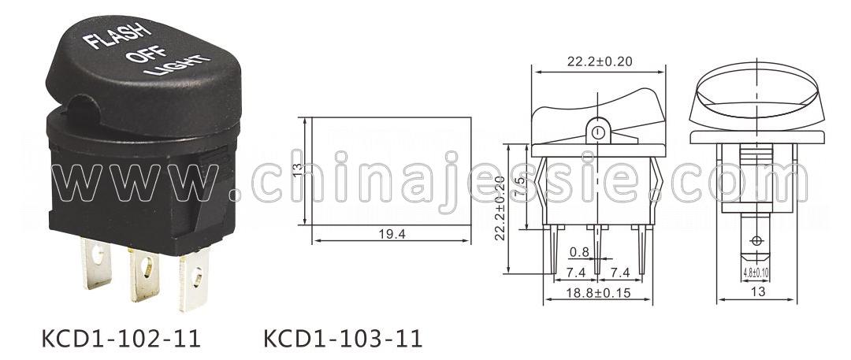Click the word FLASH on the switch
tap(116, 35)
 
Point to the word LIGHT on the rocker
tap(177, 65)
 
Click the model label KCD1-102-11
tap(121, 338)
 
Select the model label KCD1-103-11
tap(343, 338)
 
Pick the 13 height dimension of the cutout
tap(297, 170)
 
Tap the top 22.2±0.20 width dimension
tap(600, 61)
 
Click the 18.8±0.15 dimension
tap(598, 293)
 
